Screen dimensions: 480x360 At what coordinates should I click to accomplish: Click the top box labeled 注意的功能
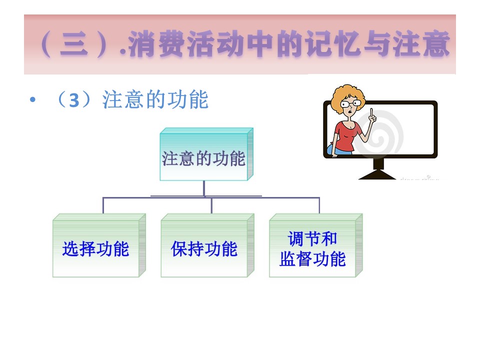click(x=206, y=154)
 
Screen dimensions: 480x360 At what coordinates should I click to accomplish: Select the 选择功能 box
click(x=99, y=245)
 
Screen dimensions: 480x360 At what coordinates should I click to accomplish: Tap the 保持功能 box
click(x=207, y=245)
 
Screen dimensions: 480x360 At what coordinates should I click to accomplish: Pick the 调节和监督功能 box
click(x=316, y=245)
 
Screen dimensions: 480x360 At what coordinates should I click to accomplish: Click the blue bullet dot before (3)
click(x=33, y=99)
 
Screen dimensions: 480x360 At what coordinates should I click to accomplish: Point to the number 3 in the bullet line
click(x=74, y=100)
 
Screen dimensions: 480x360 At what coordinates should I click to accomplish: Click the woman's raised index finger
click(x=371, y=112)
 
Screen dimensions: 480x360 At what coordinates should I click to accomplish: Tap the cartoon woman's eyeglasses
click(x=351, y=104)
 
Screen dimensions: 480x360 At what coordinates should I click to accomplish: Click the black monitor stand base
click(x=377, y=175)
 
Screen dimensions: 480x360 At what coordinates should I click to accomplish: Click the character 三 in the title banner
click(x=74, y=44)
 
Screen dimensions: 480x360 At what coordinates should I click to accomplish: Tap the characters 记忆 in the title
click(x=333, y=44)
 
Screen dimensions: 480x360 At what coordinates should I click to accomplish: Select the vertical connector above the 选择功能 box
click(x=103, y=205)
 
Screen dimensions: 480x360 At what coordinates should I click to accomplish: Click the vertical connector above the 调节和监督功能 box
click(x=319, y=205)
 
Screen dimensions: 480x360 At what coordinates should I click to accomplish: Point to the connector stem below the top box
click(x=204, y=188)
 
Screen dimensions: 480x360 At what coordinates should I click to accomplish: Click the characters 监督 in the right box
click(x=295, y=258)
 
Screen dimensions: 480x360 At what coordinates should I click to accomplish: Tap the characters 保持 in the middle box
click(x=187, y=248)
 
